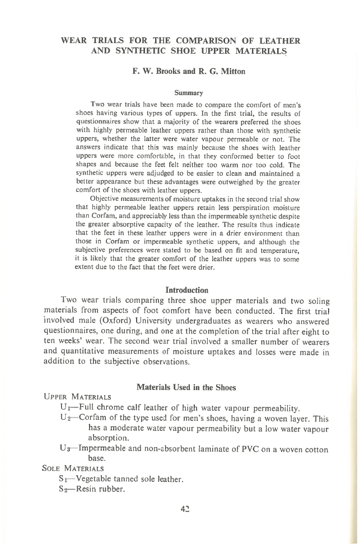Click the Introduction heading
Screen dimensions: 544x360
(187, 290)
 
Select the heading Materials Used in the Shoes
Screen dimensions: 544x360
(186, 387)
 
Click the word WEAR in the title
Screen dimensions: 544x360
(73, 41)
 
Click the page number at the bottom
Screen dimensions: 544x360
(185, 508)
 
